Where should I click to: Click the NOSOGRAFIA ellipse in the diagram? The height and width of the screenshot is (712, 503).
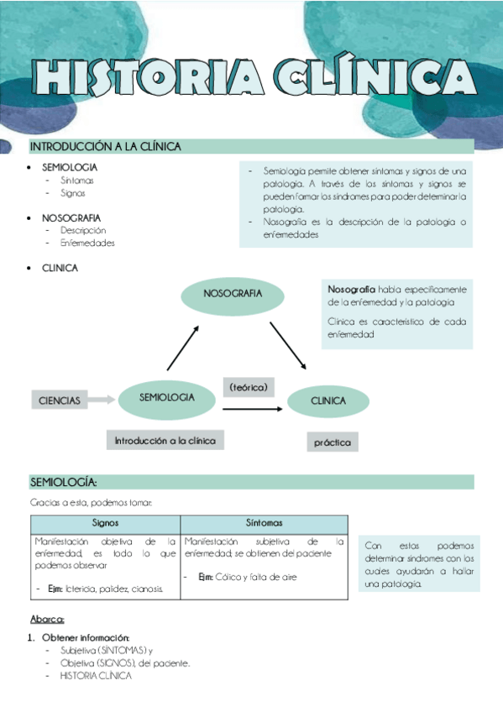(x=233, y=294)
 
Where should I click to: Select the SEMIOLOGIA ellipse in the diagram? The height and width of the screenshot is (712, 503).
(x=167, y=398)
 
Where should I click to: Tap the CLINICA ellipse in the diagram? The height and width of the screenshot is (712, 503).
(x=328, y=401)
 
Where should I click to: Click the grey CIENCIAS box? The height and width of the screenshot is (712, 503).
(x=60, y=400)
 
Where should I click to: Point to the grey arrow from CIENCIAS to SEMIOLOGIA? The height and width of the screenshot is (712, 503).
(x=102, y=400)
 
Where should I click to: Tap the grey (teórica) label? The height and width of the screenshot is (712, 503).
(x=248, y=387)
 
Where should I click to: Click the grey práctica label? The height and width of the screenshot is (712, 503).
(x=332, y=442)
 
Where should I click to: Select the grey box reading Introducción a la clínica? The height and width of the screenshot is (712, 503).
(x=165, y=440)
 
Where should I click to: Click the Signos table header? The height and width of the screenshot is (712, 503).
(x=105, y=522)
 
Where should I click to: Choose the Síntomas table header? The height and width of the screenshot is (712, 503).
(x=264, y=522)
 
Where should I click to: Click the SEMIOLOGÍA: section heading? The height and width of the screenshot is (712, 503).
(x=64, y=483)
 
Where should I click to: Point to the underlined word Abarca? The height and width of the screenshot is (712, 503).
(x=47, y=620)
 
